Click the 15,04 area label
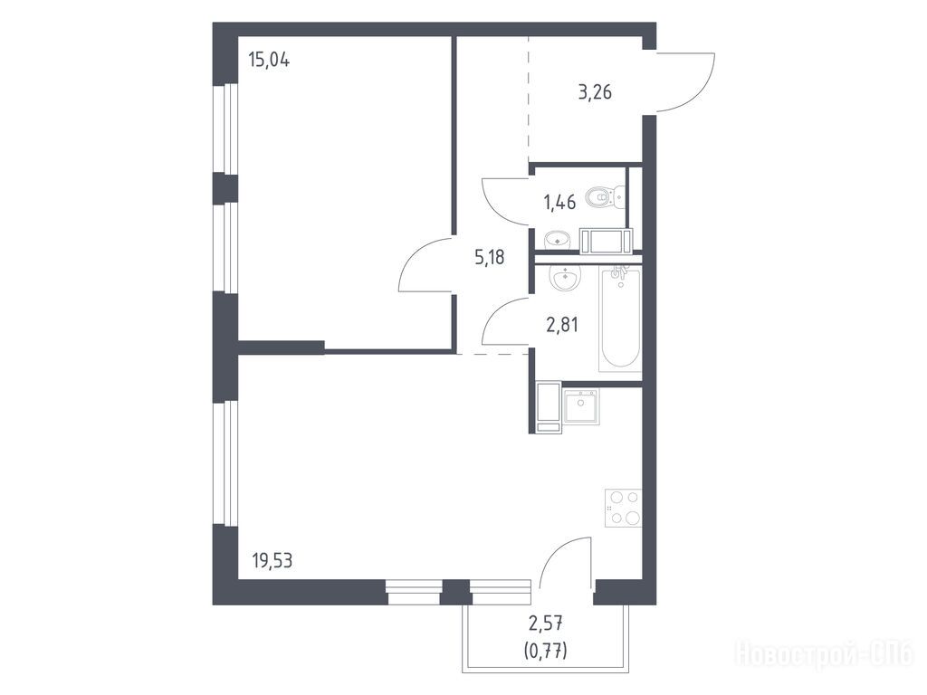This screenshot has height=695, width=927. pos(269,60)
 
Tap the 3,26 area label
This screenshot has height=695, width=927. pos(595,92)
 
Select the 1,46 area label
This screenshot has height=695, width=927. pos(559,203)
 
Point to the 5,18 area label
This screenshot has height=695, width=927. pos(490,257)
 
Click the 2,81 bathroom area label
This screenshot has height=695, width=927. pos(561,325)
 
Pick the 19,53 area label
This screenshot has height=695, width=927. pos(272,559)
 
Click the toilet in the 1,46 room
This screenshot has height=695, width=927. pos(606,196)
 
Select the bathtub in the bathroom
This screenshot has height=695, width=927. pos(620,319)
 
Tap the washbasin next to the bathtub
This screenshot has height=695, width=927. pos(565,278)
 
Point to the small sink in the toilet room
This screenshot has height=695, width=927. pos(557,239)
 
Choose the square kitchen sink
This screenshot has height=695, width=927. pos(581,406)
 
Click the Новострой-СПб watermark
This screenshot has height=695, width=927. pos(824,653)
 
